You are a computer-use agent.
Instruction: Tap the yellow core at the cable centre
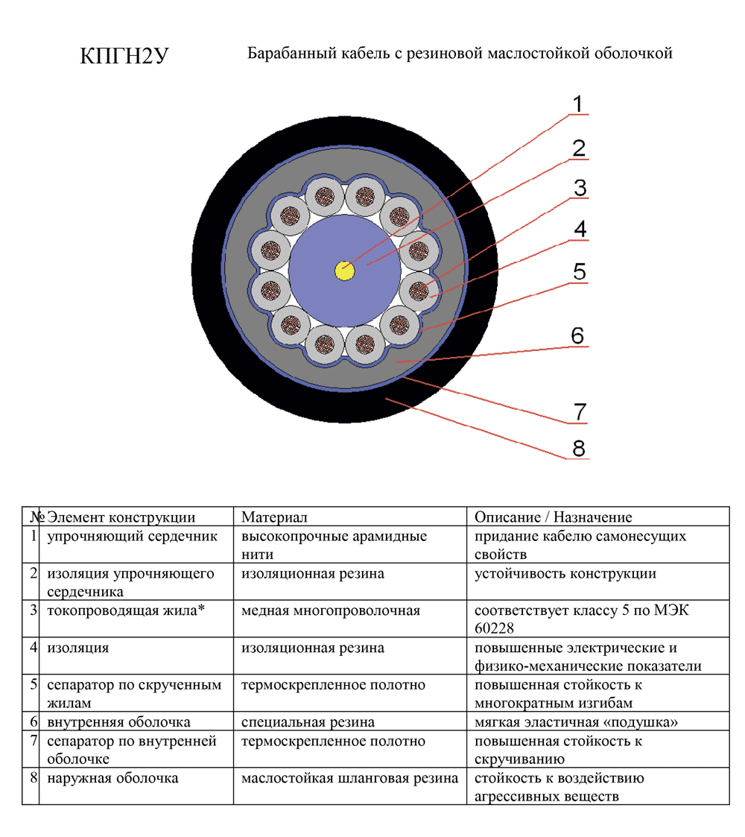(x=345, y=271)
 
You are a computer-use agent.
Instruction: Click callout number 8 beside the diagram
(x=579, y=448)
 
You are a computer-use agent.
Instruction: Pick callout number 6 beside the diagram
(x=578, y=335)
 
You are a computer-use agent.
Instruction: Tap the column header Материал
(x=274, y=517)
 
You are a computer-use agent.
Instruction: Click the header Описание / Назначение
(x=553, y=517)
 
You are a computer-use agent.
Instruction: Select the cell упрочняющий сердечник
(x=132, y=536)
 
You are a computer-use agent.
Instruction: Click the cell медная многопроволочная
(x=331, y=610)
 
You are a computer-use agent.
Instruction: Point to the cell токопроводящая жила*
(x=126, y=610)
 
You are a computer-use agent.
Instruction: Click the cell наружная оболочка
(x=112, y=778)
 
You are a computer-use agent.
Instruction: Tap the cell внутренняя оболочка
(x=118, y=722)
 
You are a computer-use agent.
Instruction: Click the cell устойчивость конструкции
(x=565, y=573)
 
